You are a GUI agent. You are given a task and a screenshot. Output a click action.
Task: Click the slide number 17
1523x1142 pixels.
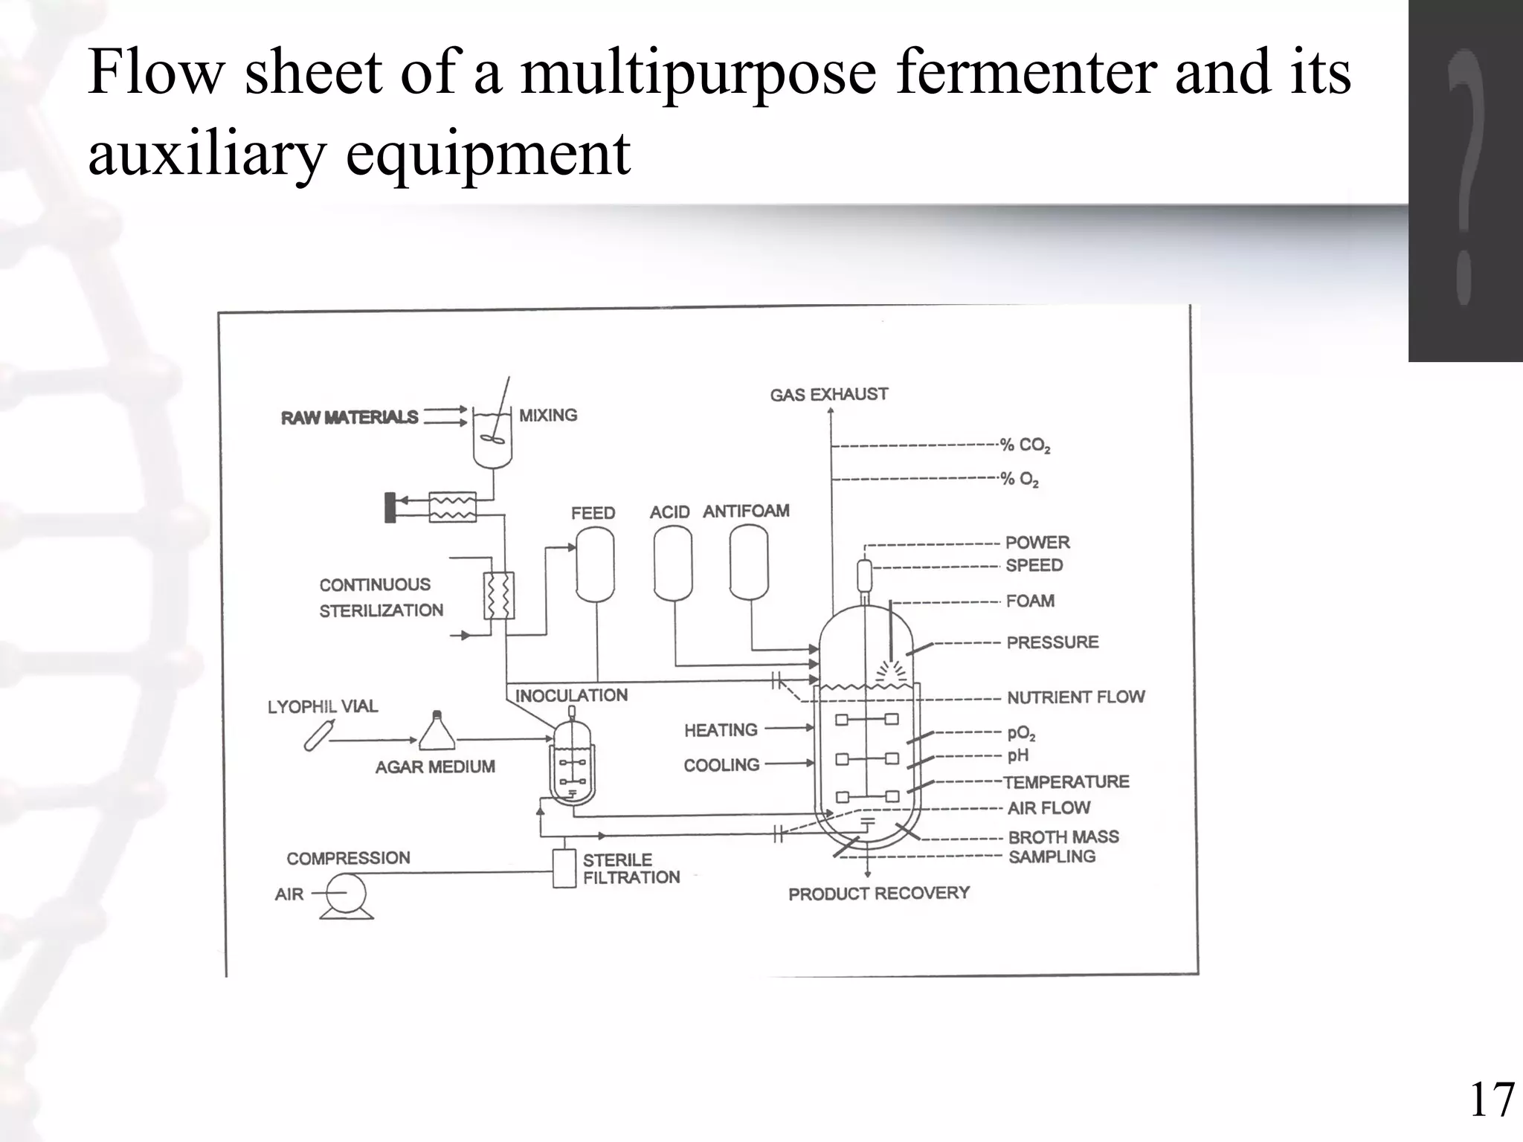[1491, 1101]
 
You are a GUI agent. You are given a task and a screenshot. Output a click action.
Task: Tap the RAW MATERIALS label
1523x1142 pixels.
[349, 418]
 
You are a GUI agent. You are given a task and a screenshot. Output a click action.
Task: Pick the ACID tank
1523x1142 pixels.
[672, 563]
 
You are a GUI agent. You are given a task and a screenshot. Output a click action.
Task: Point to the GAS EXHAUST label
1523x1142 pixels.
[828, 395]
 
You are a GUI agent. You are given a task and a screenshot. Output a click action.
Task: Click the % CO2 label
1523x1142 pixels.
[1024, 445]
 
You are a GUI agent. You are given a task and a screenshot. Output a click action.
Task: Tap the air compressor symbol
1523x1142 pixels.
[346, 894]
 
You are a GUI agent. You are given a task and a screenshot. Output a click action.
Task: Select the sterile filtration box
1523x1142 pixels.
[564, 868]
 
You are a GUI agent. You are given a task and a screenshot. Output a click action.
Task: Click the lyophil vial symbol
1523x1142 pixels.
[317, 735]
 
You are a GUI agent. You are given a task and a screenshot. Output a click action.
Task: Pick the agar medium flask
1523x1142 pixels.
[437, 732]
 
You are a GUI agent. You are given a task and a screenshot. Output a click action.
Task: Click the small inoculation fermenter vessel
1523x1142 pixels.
[571, 766]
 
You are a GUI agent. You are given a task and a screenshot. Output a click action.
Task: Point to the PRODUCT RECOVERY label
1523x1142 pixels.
[878, 893]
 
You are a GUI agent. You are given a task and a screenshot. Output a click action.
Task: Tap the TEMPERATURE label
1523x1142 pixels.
[1066, 782]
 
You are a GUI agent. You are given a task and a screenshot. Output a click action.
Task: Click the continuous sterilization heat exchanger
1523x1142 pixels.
[498, 596]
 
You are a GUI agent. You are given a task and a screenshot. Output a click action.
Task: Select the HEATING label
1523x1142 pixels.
[721, 730]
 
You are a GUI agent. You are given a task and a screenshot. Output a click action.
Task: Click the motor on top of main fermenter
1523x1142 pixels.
[864, 574]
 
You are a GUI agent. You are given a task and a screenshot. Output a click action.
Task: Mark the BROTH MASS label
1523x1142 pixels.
[1063, 837]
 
